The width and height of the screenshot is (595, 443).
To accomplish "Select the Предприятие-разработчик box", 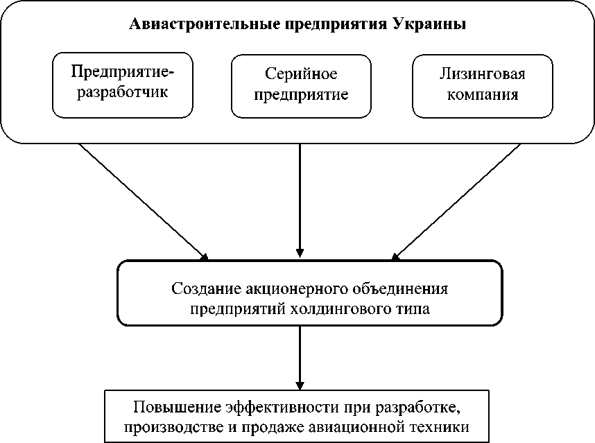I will (121, 84).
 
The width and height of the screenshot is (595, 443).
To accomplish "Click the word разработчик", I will (122, 92).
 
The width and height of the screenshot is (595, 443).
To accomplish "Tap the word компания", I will (482, 94).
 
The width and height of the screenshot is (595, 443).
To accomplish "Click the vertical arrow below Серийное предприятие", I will (300, 201).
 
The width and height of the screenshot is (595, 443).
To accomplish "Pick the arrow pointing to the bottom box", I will (300, 357).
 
